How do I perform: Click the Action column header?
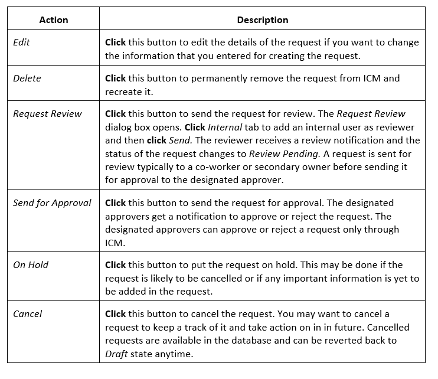[x=54, y=20]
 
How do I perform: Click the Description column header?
[x=263, y=20]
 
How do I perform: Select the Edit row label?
[x=21, y=43]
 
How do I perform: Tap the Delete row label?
[x=27, y=78]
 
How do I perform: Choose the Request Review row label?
[x=47, y=113]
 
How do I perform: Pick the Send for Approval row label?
[x=52, y=203]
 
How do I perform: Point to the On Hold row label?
[x=31, y=264]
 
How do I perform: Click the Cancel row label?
[x=27, y=314]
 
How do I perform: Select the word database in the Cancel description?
[x=251, y=341]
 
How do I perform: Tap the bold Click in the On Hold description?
[x=115, y=265]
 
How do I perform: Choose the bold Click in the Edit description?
[x=115, y=43]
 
